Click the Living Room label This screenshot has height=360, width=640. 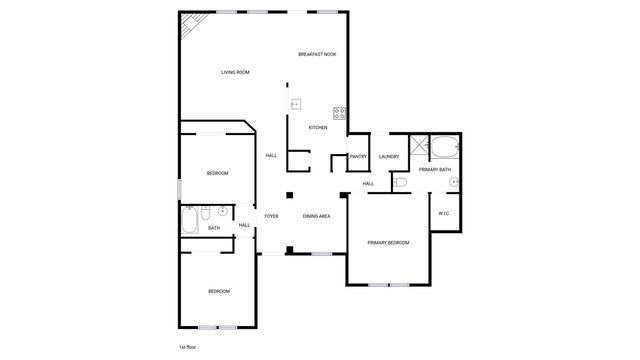[235, 72]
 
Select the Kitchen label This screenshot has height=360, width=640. [317, 127]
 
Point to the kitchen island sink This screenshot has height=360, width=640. [296, 104]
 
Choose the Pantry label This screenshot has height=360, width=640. [359, 156]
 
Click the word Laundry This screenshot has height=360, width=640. [389, 156]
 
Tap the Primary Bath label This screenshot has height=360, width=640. [435, 170]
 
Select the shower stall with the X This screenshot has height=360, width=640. [419, 147]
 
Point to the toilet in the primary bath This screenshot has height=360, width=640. [399, 182]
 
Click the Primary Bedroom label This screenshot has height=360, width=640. [388, 243]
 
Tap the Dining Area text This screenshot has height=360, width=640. [317, 216]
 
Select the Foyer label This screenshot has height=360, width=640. [271, 216]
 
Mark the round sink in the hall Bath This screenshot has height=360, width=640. [223, 212]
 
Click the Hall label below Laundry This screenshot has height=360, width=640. [368, 184]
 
